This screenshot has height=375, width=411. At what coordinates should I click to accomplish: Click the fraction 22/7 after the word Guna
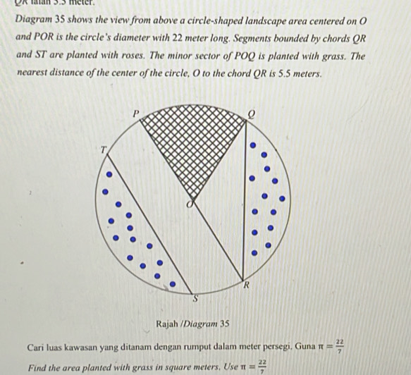(340, 345)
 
